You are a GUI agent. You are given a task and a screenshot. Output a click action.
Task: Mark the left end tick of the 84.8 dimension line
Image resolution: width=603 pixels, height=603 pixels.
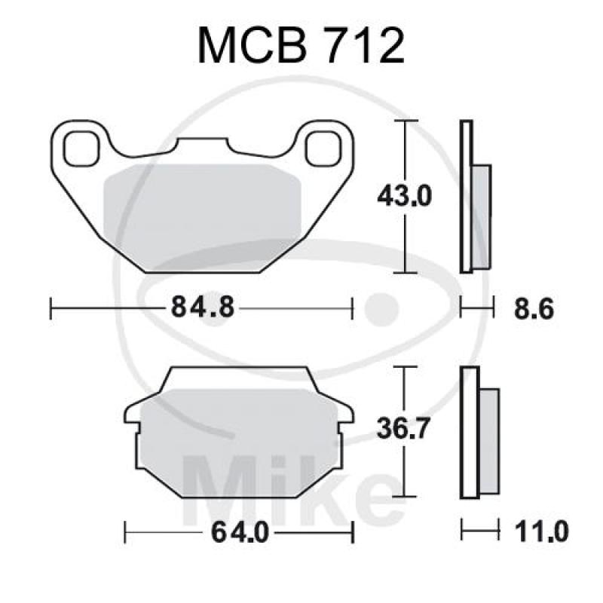coord(51,308)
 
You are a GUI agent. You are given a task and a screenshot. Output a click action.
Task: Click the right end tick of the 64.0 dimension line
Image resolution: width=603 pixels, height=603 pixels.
coord(353,532)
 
